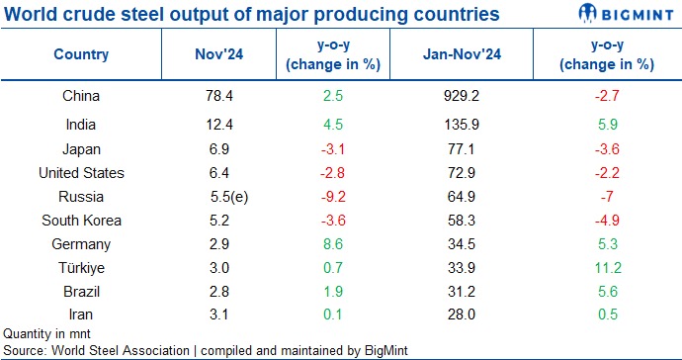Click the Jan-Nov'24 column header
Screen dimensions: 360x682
pos(464,55)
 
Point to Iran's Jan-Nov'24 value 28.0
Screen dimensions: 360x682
pos(464,314)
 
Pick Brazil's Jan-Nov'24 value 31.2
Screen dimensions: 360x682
pos(464,292)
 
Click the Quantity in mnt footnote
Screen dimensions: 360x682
pos(44,334)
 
